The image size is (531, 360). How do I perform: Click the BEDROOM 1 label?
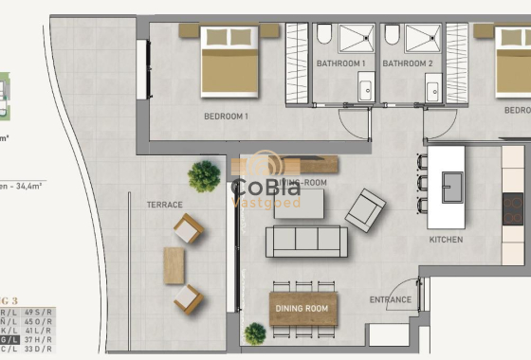(226, 117)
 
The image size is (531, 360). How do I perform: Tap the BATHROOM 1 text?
(341, 63)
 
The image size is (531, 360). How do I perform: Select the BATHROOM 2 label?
(407, 63)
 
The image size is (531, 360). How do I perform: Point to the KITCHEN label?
(446, 240)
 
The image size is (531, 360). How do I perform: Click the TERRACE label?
(164, 204)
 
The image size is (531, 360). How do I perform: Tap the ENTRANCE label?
(391, 300)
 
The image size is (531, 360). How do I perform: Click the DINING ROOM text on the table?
(302, 309)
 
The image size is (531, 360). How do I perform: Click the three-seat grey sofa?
(305, 242)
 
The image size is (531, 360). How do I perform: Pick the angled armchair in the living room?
(365, 209)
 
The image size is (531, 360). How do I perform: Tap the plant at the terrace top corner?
(203, 175)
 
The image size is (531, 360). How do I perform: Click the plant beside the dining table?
(254, 333)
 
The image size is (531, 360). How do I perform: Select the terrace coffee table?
(174, 264)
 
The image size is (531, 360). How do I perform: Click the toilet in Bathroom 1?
(323, 36)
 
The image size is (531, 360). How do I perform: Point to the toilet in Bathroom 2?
(392, 36)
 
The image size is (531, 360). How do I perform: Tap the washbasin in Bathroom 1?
(365, 91)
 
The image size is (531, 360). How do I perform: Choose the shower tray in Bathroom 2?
(423, 38)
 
